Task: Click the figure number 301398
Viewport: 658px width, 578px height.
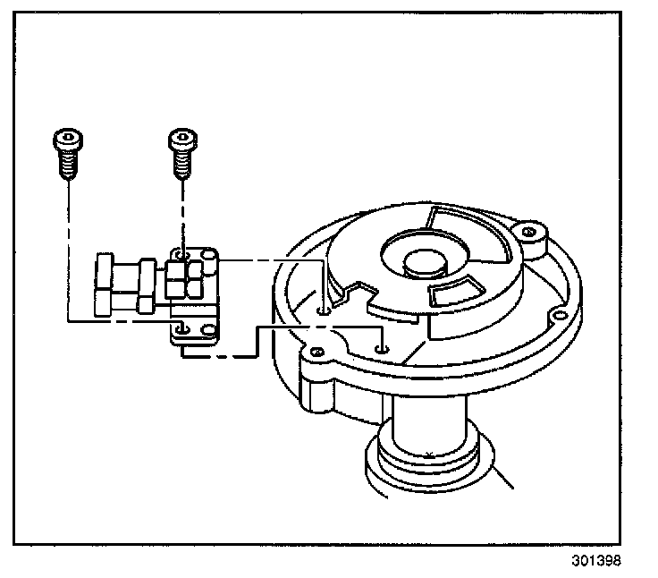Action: (592, 561)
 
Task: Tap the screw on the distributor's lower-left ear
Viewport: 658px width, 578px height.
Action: (314, 352)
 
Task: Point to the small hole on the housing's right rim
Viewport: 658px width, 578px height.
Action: (559, 316)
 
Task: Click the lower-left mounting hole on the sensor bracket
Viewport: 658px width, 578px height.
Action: (181, 330)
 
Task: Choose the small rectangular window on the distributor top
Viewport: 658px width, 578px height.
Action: (454, 293)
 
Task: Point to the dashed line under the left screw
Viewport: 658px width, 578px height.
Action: (68, 242)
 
